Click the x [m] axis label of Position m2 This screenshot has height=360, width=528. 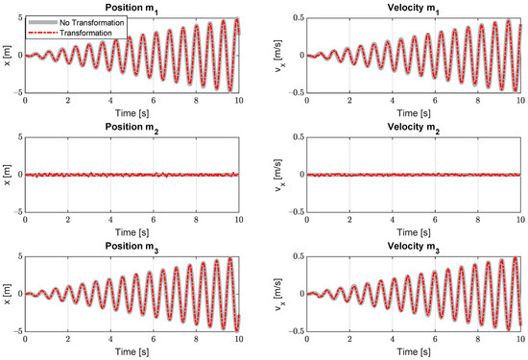[x=7, y=175]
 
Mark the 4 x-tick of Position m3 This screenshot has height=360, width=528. [x=110, y=338]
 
